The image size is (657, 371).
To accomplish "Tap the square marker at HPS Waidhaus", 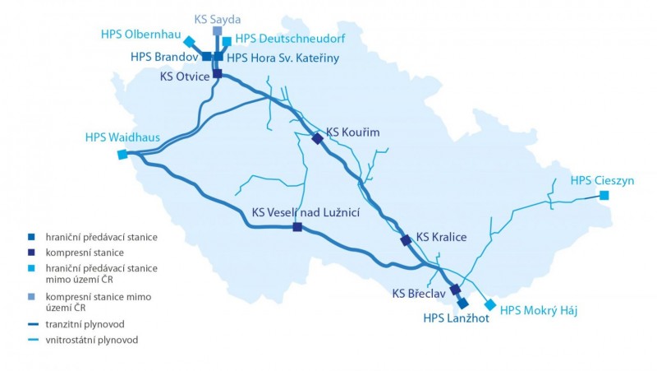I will (122, 154).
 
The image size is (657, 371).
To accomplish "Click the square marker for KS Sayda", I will (217, 31).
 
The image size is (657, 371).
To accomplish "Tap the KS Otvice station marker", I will (218, 73).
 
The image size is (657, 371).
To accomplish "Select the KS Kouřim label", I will (353, 132).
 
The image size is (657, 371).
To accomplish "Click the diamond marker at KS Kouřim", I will (317, 138).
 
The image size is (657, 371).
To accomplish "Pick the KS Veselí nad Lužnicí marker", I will (297, 227).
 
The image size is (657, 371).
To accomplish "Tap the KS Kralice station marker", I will (405, 240).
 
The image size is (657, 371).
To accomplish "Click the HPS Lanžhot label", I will (456, 318).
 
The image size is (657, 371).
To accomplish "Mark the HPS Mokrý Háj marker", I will (490, 304).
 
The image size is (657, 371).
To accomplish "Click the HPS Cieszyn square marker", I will (604, 196).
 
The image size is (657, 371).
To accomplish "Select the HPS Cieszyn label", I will (602, 180).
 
